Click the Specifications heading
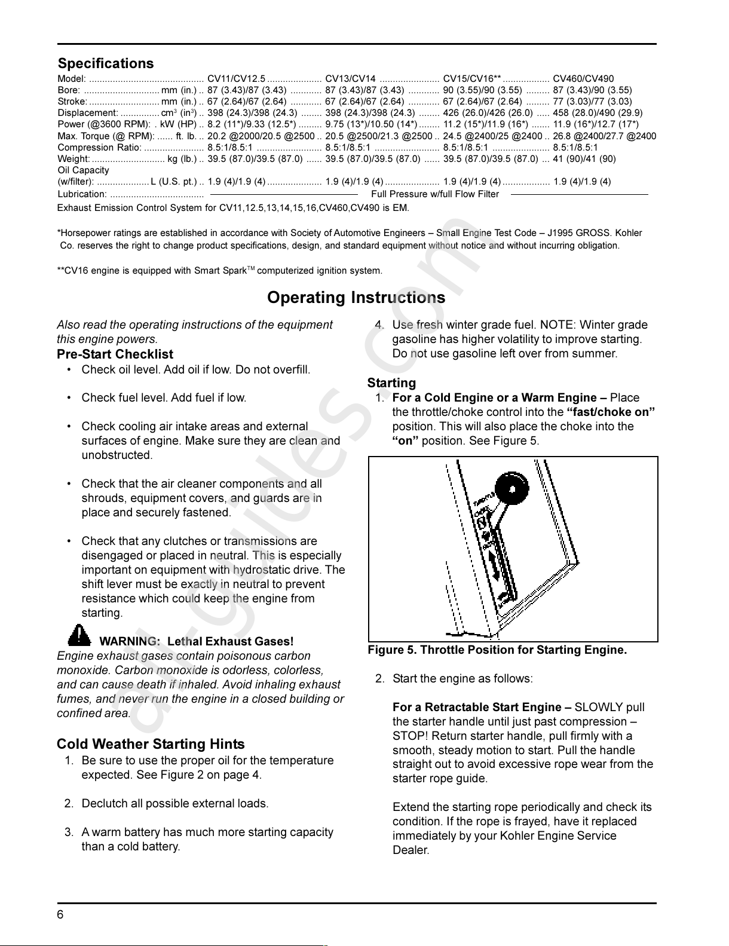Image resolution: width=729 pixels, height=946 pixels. point(106,63)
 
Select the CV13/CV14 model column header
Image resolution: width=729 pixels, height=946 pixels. point(350,79)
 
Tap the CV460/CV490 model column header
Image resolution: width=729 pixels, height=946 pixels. point(583,79)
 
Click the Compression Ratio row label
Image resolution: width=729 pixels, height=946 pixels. point(99,147)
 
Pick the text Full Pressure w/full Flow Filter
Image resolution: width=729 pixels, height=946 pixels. point(435,194)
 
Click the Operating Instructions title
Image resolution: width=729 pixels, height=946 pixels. point(356,298)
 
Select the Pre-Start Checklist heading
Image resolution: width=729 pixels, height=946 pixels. point(115,354)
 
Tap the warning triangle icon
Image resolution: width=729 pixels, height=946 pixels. point(79,635)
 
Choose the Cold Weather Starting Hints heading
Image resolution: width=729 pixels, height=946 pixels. point(151,744)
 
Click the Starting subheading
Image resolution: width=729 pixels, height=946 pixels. point(391,383)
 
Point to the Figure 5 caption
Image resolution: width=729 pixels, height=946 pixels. point(497,650)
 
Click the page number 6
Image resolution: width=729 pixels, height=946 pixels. point(60,915)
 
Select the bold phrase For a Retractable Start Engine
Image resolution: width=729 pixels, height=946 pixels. point(481,708)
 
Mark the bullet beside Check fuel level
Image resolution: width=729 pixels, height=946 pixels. point(70,398)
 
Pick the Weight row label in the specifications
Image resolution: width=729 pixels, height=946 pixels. point(73,158)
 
